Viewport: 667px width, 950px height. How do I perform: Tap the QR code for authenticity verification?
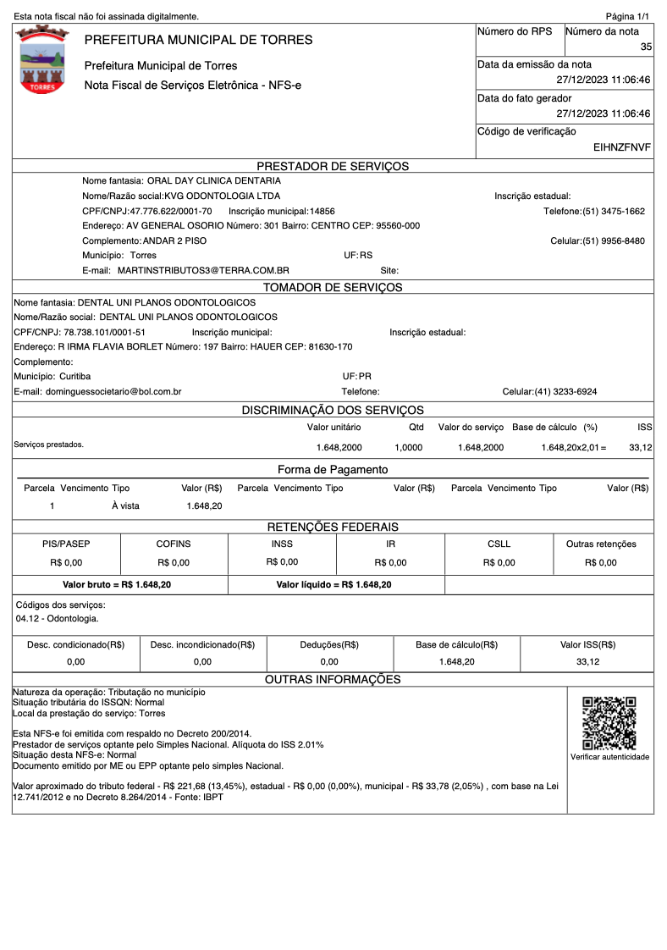tap(609, 722)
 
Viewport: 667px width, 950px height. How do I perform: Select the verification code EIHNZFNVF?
tap(622, 147)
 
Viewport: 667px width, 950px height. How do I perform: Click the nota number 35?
tap(646, 47)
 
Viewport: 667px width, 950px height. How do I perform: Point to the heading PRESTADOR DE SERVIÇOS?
tap(333, 167)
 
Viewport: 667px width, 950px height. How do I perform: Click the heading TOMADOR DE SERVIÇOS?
tap(333, 287)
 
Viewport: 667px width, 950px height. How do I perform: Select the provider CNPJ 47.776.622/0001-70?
tap(170, 211)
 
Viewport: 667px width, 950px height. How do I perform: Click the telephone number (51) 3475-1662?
tap(614, 211)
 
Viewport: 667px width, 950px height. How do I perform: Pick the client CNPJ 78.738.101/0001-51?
tap(104, 333)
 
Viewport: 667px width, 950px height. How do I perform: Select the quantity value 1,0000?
tap(408, 447)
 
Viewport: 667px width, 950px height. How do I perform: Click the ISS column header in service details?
tap(644, 428)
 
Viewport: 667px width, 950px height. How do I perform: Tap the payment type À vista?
tap(125, 506)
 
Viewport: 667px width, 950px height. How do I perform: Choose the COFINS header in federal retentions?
tap(174, 544)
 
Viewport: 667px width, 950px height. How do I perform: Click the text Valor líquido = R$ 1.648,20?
tap(333, 584)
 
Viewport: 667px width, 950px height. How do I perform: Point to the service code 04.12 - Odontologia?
tap(57, 619)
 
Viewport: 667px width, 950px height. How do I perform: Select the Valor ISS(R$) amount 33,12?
tap(587, 662)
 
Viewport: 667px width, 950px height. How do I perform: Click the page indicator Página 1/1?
tap(627, 16)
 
